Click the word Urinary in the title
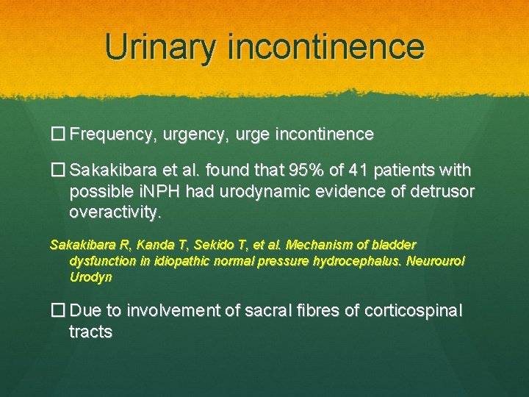click(161, 46)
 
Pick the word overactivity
click(114, 213)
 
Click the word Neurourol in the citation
click(439, 261)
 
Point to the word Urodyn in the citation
click(90, 277)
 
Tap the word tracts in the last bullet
click(90, 332)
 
